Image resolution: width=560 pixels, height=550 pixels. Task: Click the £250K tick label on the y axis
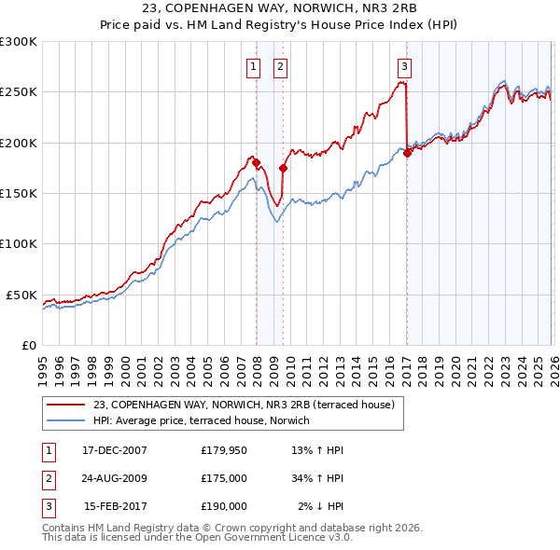pyautogui.click(x=19, y=92)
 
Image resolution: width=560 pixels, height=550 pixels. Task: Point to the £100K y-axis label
pyautogui.click(x=19, y=244)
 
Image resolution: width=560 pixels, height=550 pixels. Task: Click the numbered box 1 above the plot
pyautogui.click(x=253, y=66)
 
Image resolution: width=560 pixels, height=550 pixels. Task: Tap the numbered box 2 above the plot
pyautogui.click(x=280, y=66)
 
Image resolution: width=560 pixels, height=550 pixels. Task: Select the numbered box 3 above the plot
pyautogui.click(x=404, y=66)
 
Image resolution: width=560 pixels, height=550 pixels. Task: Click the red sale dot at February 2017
pyautogui.click(x=407, y=154)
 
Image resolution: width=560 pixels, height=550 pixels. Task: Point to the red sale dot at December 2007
pyautogui.click(x=256, y=163)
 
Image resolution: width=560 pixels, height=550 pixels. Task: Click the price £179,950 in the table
pyautogui.click(x=224, y=450)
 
